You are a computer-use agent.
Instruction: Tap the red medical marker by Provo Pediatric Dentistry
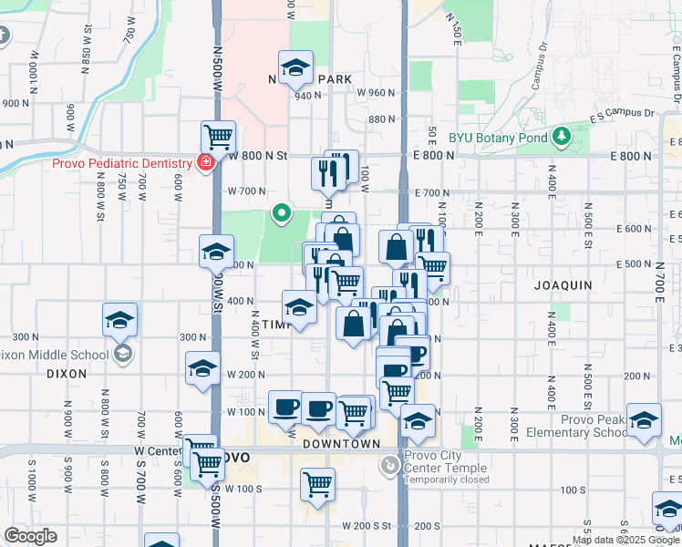click(x=206, y=163)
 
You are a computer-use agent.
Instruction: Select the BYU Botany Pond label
click(x=497, y=139)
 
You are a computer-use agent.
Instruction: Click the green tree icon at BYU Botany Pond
click(x=562, y=139)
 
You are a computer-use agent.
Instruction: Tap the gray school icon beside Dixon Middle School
click(x=123, y=355)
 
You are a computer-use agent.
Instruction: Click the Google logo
click(x=30, y=536)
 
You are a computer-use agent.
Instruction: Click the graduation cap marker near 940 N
click(x=295, y=68)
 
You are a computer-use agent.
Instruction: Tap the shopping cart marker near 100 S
click(x=317, y=485)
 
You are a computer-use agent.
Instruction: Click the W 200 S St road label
click(x=374, y=526)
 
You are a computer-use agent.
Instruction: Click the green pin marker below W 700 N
click(x=282, y=214)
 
